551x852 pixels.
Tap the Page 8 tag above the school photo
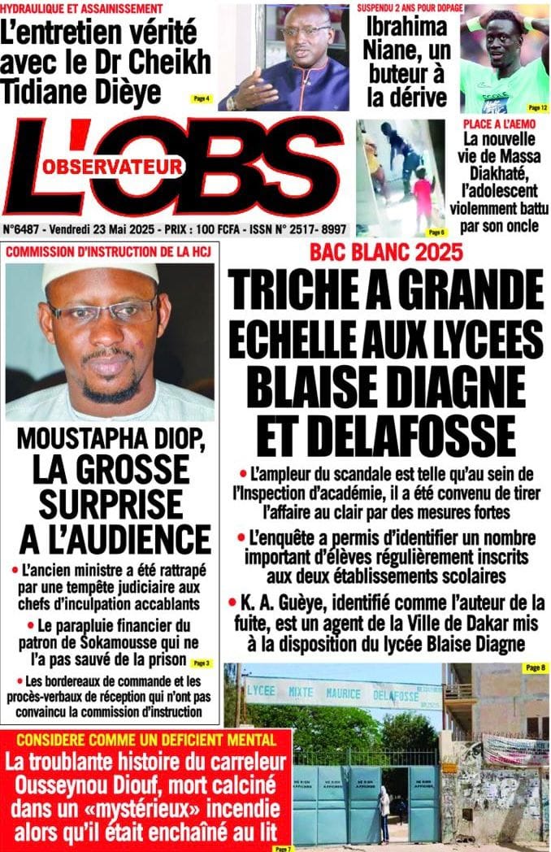534,667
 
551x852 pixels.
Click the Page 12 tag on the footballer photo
537,106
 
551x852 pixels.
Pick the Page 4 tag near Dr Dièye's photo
201,98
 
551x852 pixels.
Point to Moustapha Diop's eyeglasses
102,311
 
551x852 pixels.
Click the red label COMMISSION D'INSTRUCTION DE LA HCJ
108,252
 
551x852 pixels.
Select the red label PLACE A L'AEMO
498,124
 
